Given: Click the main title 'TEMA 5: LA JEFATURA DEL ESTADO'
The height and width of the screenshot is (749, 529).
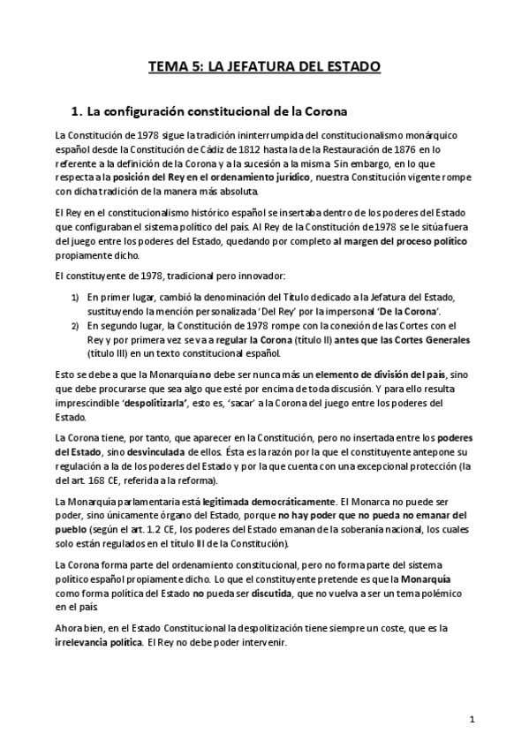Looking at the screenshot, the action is [264, 65].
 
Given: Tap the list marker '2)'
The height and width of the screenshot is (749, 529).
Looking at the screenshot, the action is [76, 326].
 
